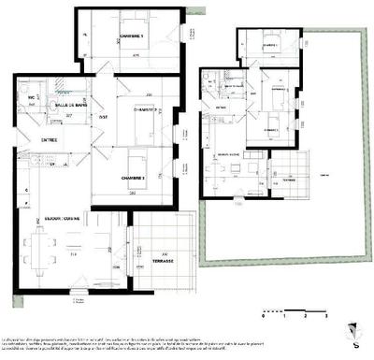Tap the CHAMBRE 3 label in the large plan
136,177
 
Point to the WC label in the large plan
31,96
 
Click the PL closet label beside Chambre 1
85,36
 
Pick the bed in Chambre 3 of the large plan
137,157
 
